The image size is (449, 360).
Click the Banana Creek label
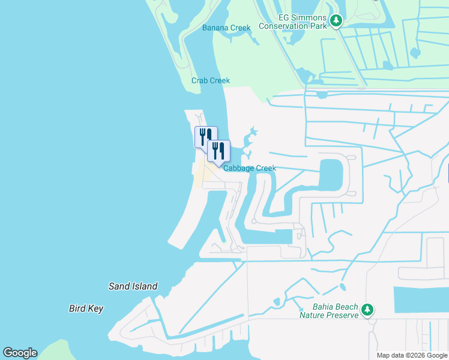(226, 28)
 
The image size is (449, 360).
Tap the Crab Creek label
(210, 80)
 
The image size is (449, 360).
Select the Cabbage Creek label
(250, 169)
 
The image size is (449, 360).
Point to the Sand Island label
(133, 286)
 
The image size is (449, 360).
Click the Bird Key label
(86, 308)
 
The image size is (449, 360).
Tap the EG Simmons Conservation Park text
(293, 21)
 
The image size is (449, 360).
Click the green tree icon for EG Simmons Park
(336, 22)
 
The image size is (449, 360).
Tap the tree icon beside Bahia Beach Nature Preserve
(367, 310)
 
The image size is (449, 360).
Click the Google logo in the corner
(20, 353)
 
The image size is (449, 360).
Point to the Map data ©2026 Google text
(412, 355)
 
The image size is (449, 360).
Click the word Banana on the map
(215, 28)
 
